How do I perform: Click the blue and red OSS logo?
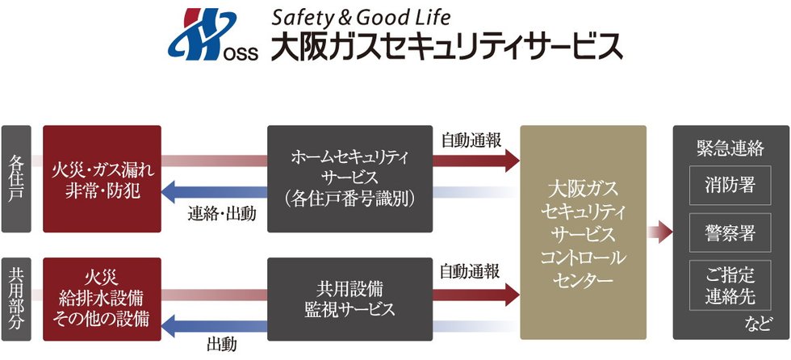click(x=212, y=34)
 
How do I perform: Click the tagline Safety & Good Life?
click(x=361, y=18)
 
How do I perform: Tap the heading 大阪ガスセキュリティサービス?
click(x=447, y=46)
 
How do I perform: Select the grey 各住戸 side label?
click(x=16, y=179)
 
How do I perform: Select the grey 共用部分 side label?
click(x=16, y=299)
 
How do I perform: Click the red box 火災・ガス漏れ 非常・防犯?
click(x=102, y=179)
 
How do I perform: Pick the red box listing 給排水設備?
click(x=102, y=299)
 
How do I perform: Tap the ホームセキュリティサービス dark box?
click(x=349, y=179)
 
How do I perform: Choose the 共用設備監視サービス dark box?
click(x=349, y=299)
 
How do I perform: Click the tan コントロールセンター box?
click(x=583, y=232)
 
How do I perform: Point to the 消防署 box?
click(x=730, y=185)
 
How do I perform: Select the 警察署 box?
click(x=730, y=232)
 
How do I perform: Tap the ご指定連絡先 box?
click(x=730, y=285)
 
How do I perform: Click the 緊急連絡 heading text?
click(x=730, y=149)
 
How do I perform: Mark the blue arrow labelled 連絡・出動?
click(x=214, y=192)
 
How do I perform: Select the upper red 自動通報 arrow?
click(x=475, y=161)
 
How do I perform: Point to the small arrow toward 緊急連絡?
click(x=660, y=232)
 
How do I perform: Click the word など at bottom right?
click(x=758, y=324)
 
